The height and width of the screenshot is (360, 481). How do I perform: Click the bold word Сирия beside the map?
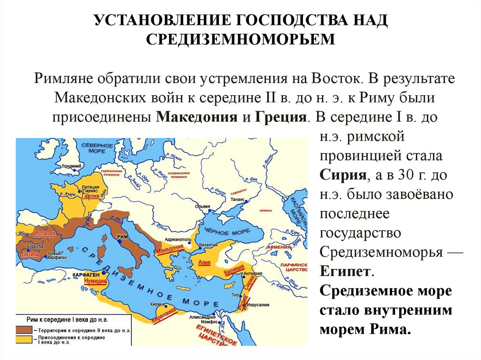[343, 176]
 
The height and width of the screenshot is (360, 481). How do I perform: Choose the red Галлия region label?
[90, 197]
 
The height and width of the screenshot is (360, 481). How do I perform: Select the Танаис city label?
[238, 199]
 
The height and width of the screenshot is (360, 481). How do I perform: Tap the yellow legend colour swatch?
[23, 338]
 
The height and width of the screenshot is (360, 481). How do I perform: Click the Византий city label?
[208, 245]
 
